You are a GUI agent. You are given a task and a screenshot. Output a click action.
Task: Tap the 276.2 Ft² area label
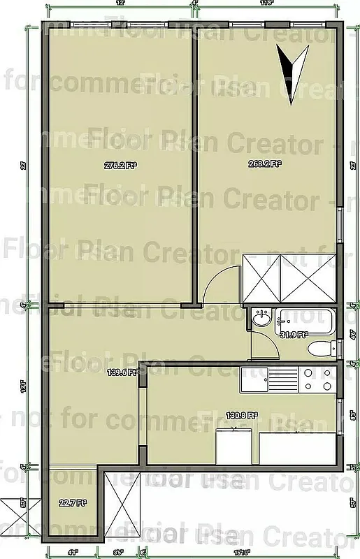pos(120,166)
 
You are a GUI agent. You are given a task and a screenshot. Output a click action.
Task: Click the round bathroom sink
pos(261,320)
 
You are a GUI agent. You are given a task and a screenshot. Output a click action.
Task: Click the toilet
pos(319,349)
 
